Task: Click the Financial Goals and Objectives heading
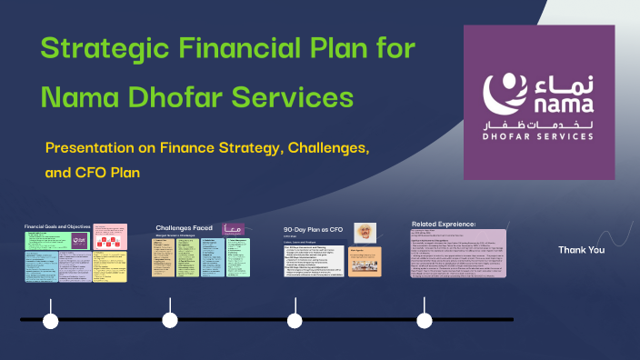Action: click(60, 225)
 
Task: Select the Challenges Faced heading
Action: click(184, 228)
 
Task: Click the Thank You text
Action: click(581, 250)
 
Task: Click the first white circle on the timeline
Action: click(51, 320)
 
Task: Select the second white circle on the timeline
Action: click(170, 320)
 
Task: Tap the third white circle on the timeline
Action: click(295, 320)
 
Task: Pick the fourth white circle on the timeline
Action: click(425, 320)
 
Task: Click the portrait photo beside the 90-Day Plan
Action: click(365, 233)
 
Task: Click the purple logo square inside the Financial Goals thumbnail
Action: click(78, 240)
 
